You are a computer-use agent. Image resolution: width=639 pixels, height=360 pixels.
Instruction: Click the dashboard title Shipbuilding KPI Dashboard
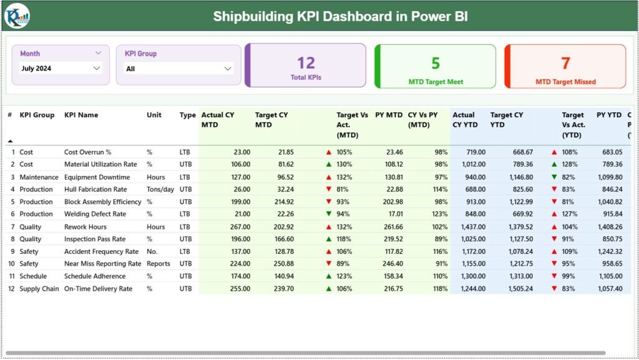[340, 16]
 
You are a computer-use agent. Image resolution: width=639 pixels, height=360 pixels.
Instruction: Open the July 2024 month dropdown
[61, 68]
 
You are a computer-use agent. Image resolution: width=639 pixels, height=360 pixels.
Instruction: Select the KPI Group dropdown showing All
[178, 69]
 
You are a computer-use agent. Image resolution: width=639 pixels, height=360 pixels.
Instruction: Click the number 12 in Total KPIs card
[306, 63]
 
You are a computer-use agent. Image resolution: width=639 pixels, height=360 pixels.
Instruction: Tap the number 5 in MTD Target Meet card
[436, 63]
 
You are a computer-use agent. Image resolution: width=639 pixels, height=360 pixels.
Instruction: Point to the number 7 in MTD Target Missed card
[565, 63]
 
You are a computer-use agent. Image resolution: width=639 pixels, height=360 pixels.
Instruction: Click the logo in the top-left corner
[16, 16]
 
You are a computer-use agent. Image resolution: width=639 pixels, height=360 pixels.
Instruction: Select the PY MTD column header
[388, 115]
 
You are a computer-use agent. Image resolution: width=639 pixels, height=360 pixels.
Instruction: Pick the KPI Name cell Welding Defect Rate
[95, 214]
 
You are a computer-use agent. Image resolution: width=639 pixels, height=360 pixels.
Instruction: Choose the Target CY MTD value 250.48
[280, 264]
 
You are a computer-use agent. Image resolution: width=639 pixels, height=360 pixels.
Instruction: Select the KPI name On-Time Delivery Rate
[98, 289]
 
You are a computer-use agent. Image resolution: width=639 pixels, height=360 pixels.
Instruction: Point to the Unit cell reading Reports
[159, 264]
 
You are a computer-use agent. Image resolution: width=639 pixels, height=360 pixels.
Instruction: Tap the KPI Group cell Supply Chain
[39, 289]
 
